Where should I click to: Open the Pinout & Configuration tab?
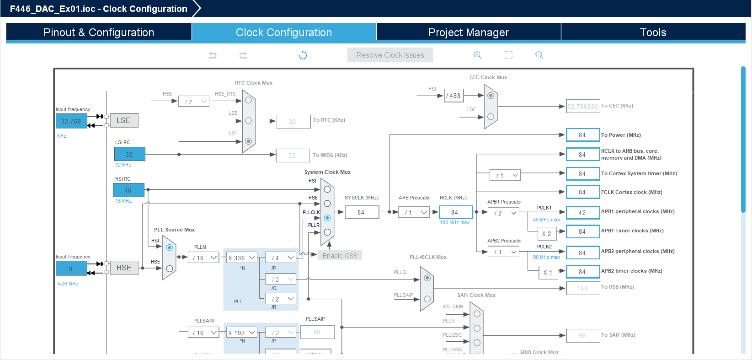pos(99,32)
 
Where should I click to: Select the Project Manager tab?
pos(468,32)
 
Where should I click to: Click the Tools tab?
pos(653,32)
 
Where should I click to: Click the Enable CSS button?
pos(340,256)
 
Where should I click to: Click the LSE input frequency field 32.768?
pos(71,121)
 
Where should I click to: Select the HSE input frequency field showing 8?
pos(71,269)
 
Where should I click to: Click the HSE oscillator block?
pos(124,268)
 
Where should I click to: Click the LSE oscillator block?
pos(124,121)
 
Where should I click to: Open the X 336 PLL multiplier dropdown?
pos(241,258)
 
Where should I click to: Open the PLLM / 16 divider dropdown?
pos(204,258)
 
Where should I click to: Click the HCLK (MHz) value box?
pos(455,212)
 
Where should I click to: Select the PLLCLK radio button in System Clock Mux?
pos(327,218)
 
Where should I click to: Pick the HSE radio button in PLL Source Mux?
pos(170,269)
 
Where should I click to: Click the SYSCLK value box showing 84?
pos(362,212)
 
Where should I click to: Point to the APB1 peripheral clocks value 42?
pos(582,213)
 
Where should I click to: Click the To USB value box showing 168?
pos(582,288)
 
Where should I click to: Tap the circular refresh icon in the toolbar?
pos(303,55)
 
